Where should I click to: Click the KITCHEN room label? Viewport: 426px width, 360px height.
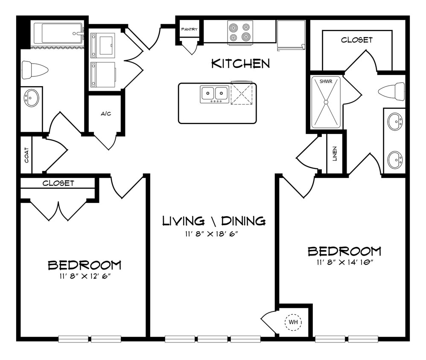(x=241, y=64)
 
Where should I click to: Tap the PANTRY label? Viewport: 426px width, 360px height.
(x=189, y=29)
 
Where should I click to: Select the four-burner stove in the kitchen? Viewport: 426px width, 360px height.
(x=239, y=32)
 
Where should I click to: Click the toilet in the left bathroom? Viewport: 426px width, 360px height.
(x=34, y=69)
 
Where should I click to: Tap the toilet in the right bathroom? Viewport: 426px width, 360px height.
(x=392, y=91)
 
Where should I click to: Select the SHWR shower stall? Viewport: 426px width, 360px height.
(x=326, y=102)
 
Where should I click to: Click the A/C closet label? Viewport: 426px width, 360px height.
(x=106, y=114)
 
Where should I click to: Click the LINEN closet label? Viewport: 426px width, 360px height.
(x=335, y=154)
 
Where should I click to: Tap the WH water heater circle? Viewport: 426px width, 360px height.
(x=293, y=322)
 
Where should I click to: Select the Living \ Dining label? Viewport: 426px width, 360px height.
(x=214, y=221)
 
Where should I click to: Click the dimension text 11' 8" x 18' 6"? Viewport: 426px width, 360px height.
(x=214, y=233)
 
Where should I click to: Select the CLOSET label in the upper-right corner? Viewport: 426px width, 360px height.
(x=356, y=40)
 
